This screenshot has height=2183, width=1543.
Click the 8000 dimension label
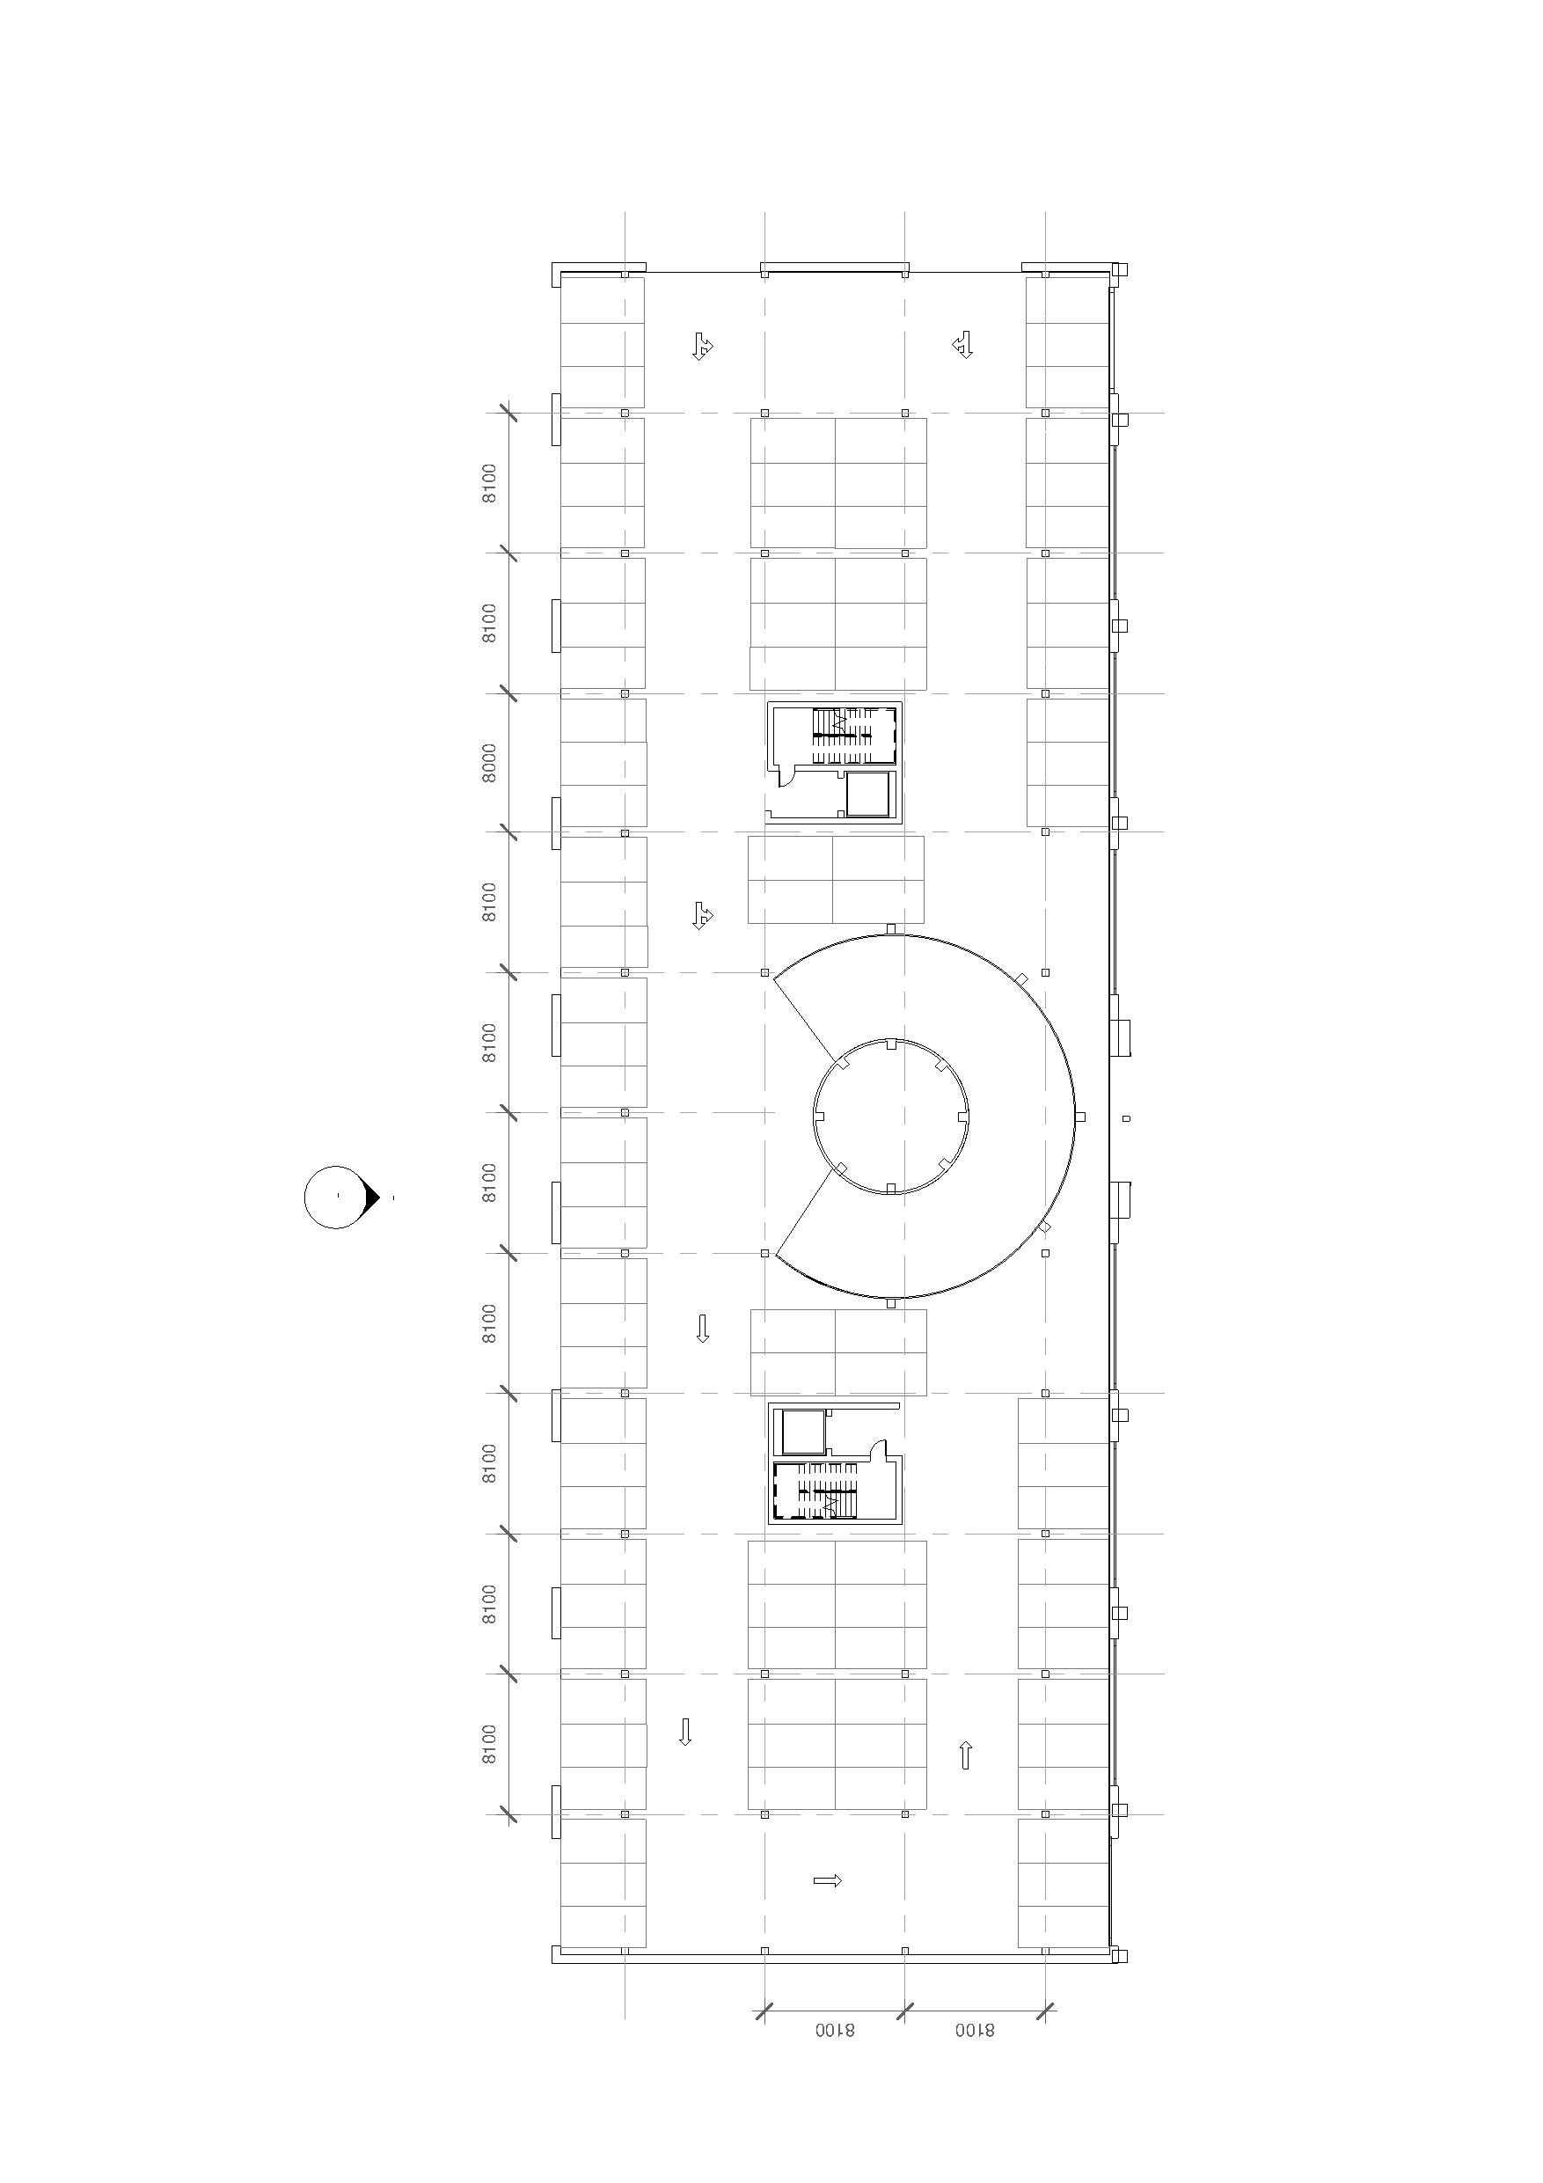[488, 763]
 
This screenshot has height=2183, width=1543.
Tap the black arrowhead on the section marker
[372, 1197]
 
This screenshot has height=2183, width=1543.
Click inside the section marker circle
[335, 1197]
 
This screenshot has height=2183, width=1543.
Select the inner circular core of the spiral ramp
[891, 1117]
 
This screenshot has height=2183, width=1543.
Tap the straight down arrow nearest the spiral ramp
[703, 1329]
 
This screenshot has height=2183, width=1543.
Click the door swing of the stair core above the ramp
[788, 777]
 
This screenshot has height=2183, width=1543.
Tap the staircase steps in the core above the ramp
[841, 735]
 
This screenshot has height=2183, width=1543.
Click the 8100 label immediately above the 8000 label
[488, 623]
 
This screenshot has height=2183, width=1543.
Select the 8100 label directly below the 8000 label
[488, 902]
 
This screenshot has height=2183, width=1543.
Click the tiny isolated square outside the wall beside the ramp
[1127, 1119]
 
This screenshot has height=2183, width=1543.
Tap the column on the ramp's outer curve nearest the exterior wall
[1079, 1117]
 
